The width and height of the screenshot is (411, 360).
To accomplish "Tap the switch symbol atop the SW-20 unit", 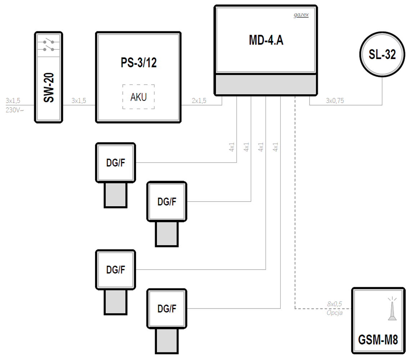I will pyautogui.click(x=49, y=45).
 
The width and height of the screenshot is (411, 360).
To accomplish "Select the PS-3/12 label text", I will pyautogui.click(x=139, y=63).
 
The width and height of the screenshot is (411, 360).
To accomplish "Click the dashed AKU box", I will pyautogui.click(x=139, y=97).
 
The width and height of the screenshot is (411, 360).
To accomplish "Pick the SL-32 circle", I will pyautogui.click(x=382, y=55).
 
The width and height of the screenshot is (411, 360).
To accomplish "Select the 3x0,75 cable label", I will pyautogui.click(x=334, y=101).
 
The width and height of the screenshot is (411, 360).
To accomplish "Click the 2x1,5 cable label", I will pyautogui.click(x=199, y=101).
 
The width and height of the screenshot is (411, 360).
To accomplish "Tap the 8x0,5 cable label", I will pyautogui.click(x=334, y=305).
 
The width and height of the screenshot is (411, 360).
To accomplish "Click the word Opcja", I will pyautogui.click(x=334, y=312).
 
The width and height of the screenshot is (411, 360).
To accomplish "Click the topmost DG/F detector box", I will pyautogui.click(x=116, y=162).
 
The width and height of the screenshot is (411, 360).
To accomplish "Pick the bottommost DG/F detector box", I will pyautogui.click(x=167, y=309).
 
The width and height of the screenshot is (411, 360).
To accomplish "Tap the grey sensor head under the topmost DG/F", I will pyautogui.click(x=116, y=194).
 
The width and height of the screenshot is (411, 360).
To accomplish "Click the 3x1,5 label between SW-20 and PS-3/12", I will pyautogui.click(x=79, y=101).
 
